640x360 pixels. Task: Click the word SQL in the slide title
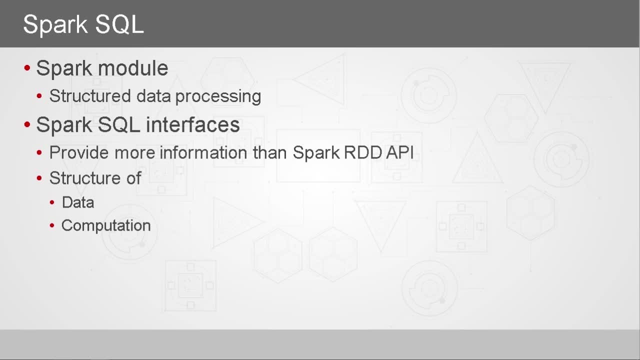click(119, 25)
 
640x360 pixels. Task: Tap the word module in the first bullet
click(133, 68)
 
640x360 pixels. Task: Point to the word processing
click(218, 97)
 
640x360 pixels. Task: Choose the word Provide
click(79, 152)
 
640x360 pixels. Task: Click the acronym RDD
click(363, 152)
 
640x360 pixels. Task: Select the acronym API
click(399, 152)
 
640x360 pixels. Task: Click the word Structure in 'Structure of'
click(85, 178)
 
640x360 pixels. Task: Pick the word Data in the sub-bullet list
click(78, 202)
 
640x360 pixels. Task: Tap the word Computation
click(106, 225)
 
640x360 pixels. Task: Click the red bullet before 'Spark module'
click(27, 68)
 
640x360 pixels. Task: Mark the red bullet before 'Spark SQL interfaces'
click(27, 124)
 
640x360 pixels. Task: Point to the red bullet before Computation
click(52, 225)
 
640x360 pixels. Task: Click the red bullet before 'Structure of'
click(39, 178)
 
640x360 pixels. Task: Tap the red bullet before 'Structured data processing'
click(39, 95)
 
